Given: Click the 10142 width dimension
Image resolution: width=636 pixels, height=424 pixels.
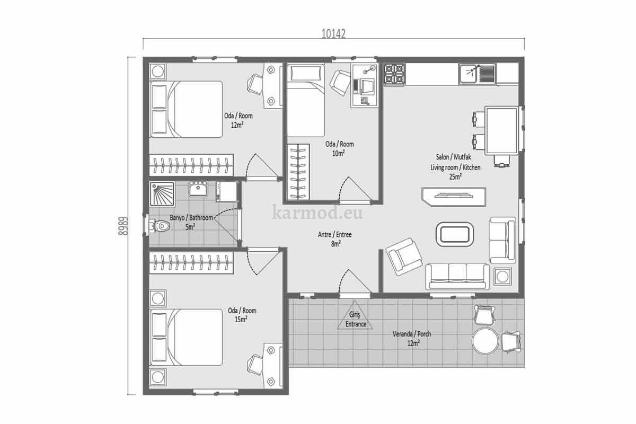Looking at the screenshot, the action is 333,34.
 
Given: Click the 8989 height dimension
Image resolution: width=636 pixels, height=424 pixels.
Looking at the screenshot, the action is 123,226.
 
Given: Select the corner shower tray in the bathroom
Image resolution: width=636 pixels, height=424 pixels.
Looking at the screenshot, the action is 162,193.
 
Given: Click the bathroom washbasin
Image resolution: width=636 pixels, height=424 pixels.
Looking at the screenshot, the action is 198,189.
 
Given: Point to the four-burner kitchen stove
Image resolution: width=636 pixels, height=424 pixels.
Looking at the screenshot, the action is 394,74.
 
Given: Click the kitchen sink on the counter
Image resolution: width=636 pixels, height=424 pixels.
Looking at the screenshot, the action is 469,74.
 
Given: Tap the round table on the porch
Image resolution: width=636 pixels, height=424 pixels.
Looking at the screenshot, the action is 485,341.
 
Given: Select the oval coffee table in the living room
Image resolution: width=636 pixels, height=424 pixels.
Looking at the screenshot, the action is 455,234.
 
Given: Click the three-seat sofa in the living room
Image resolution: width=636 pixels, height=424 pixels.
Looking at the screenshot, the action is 457,276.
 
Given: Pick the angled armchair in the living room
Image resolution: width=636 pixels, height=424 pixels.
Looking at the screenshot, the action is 404,257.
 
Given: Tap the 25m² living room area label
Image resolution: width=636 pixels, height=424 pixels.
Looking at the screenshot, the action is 455,176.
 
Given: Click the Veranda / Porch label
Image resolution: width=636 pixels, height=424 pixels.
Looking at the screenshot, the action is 412,334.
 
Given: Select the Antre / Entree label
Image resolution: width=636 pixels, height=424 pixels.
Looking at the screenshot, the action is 335,235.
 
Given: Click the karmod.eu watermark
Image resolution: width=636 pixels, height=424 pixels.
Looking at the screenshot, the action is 317,213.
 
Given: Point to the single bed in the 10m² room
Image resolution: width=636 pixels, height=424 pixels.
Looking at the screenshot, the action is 306,101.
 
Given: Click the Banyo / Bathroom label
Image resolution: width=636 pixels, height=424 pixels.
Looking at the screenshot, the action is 191,218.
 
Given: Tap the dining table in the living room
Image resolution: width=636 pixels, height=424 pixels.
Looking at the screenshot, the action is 502,130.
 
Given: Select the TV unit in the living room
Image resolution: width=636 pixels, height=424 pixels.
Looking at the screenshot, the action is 454,197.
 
